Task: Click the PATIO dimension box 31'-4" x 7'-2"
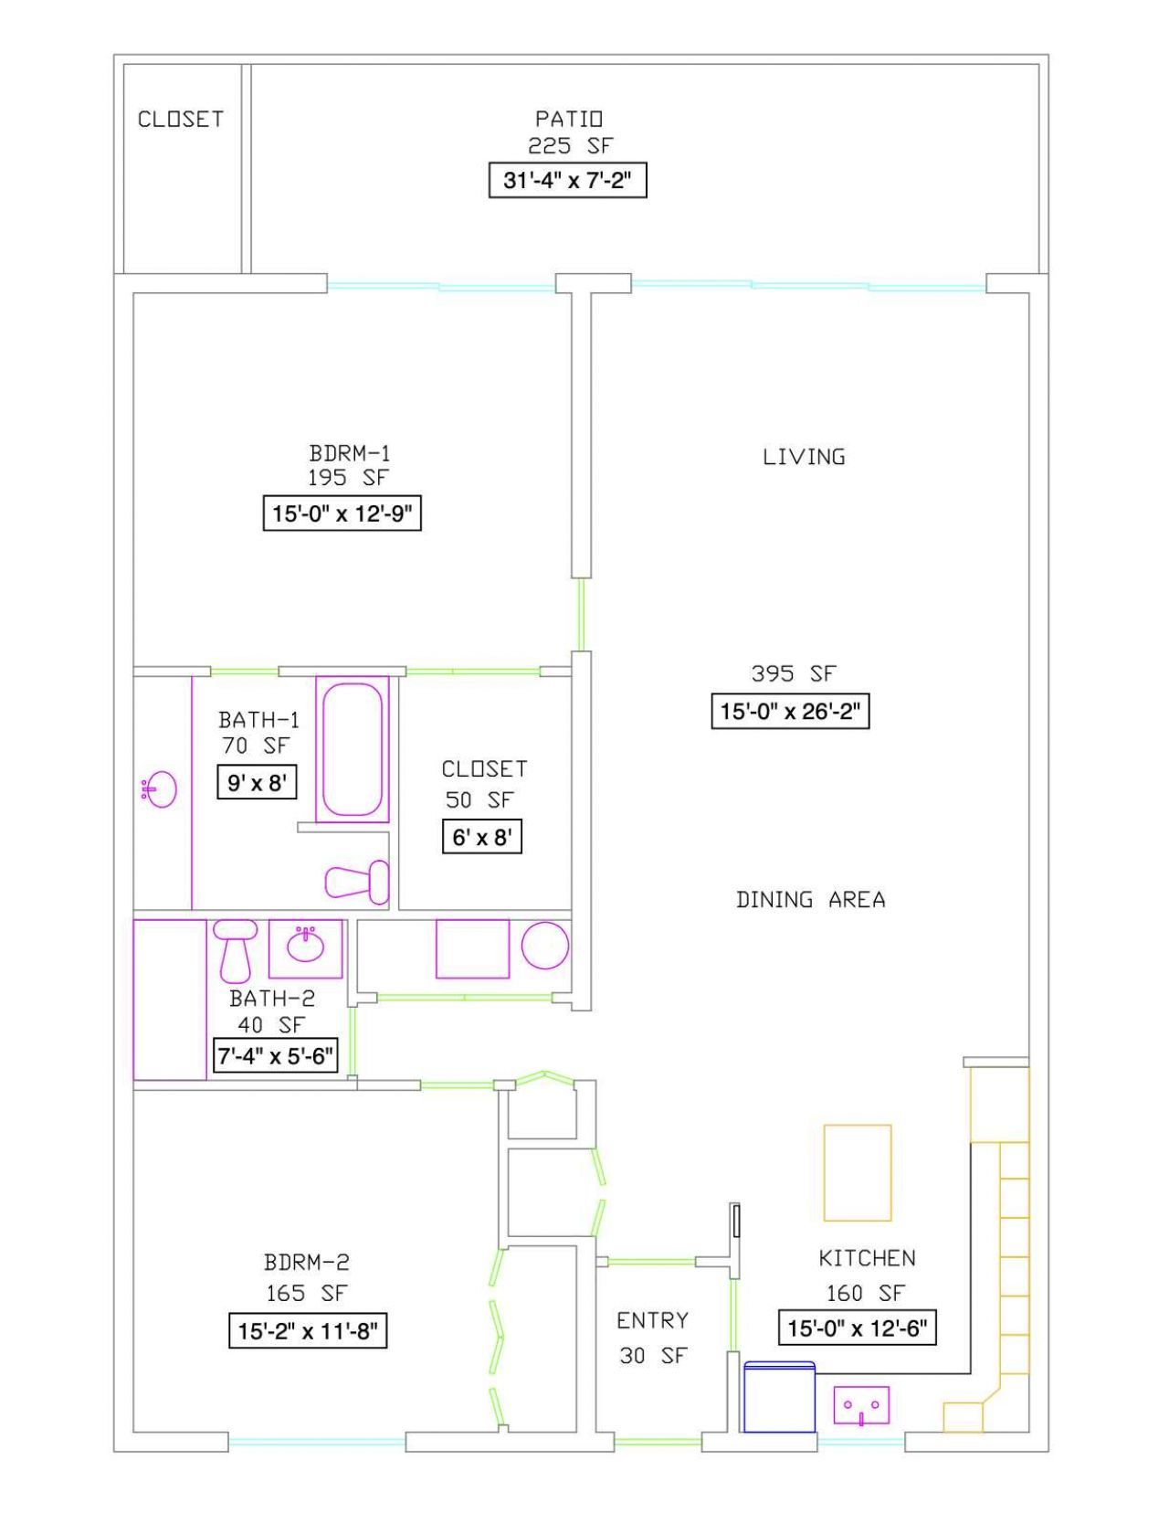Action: pyautogui.click(x=567, y=180)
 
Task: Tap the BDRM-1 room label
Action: pyautogui.click(x=350, y=453)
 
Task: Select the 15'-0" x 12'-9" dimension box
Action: pyautogui.click(x=342, y=513)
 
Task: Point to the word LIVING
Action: pyautogui.click(x=804, y=457)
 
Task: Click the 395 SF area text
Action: pyautogui.click(x=793, y=673)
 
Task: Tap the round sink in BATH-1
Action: pyautogui.click(x=161, y=789)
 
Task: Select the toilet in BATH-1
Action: pyautogui.click(x=357, y=882)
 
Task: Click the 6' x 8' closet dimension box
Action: pyautogui.click(x=481, y=837)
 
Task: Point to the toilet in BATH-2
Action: pyautogui.click(x=235, y=950)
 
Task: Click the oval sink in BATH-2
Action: pyautogui.click(x=305, y=946)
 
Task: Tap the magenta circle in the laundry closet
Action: pyautogui.click(x=545, y=945)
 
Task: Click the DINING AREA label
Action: pyautogui.click(x=810, y=900)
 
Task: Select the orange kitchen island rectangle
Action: pyautogui.click(x=857, y=1172)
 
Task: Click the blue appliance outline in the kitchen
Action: pyautogui.click(x=779, y=1397)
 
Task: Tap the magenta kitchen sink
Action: pyautogui.click(x=861, y=1405)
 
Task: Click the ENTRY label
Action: pyautogui.click(x=652, y=1320)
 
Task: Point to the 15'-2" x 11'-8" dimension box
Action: pyautogui.click(x=308, y=1331)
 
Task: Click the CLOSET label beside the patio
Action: pyautogui.click(x=181, y=120)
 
